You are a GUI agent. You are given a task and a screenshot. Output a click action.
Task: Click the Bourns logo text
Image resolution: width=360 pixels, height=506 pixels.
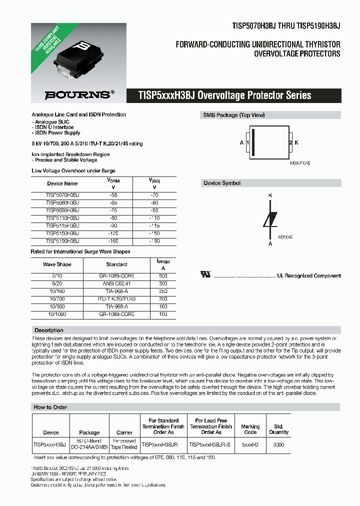coord(76,93)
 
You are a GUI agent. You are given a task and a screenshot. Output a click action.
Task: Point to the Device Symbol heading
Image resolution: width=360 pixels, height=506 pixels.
coord(222,183)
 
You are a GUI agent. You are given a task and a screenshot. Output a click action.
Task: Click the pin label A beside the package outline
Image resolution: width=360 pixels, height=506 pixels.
coord(241,142)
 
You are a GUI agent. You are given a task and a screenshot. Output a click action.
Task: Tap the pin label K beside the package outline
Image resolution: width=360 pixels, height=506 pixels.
coord(296,142)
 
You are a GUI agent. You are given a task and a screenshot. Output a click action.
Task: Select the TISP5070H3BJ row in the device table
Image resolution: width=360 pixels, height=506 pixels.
coord(62,195)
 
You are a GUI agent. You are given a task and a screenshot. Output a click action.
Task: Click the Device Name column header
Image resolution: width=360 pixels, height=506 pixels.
coord(62,183)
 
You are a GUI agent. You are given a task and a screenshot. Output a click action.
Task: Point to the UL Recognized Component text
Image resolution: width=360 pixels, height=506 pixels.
coord(309,275)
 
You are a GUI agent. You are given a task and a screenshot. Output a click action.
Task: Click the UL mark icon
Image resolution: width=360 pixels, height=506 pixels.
coord(205,274)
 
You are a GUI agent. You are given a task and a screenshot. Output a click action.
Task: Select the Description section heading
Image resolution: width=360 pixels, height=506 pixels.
coord(48,330)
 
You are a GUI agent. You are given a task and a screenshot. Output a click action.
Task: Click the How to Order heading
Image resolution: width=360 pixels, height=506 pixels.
coord(50,407)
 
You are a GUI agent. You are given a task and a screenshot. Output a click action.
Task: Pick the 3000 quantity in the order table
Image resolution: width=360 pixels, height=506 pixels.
coord(279,444)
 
